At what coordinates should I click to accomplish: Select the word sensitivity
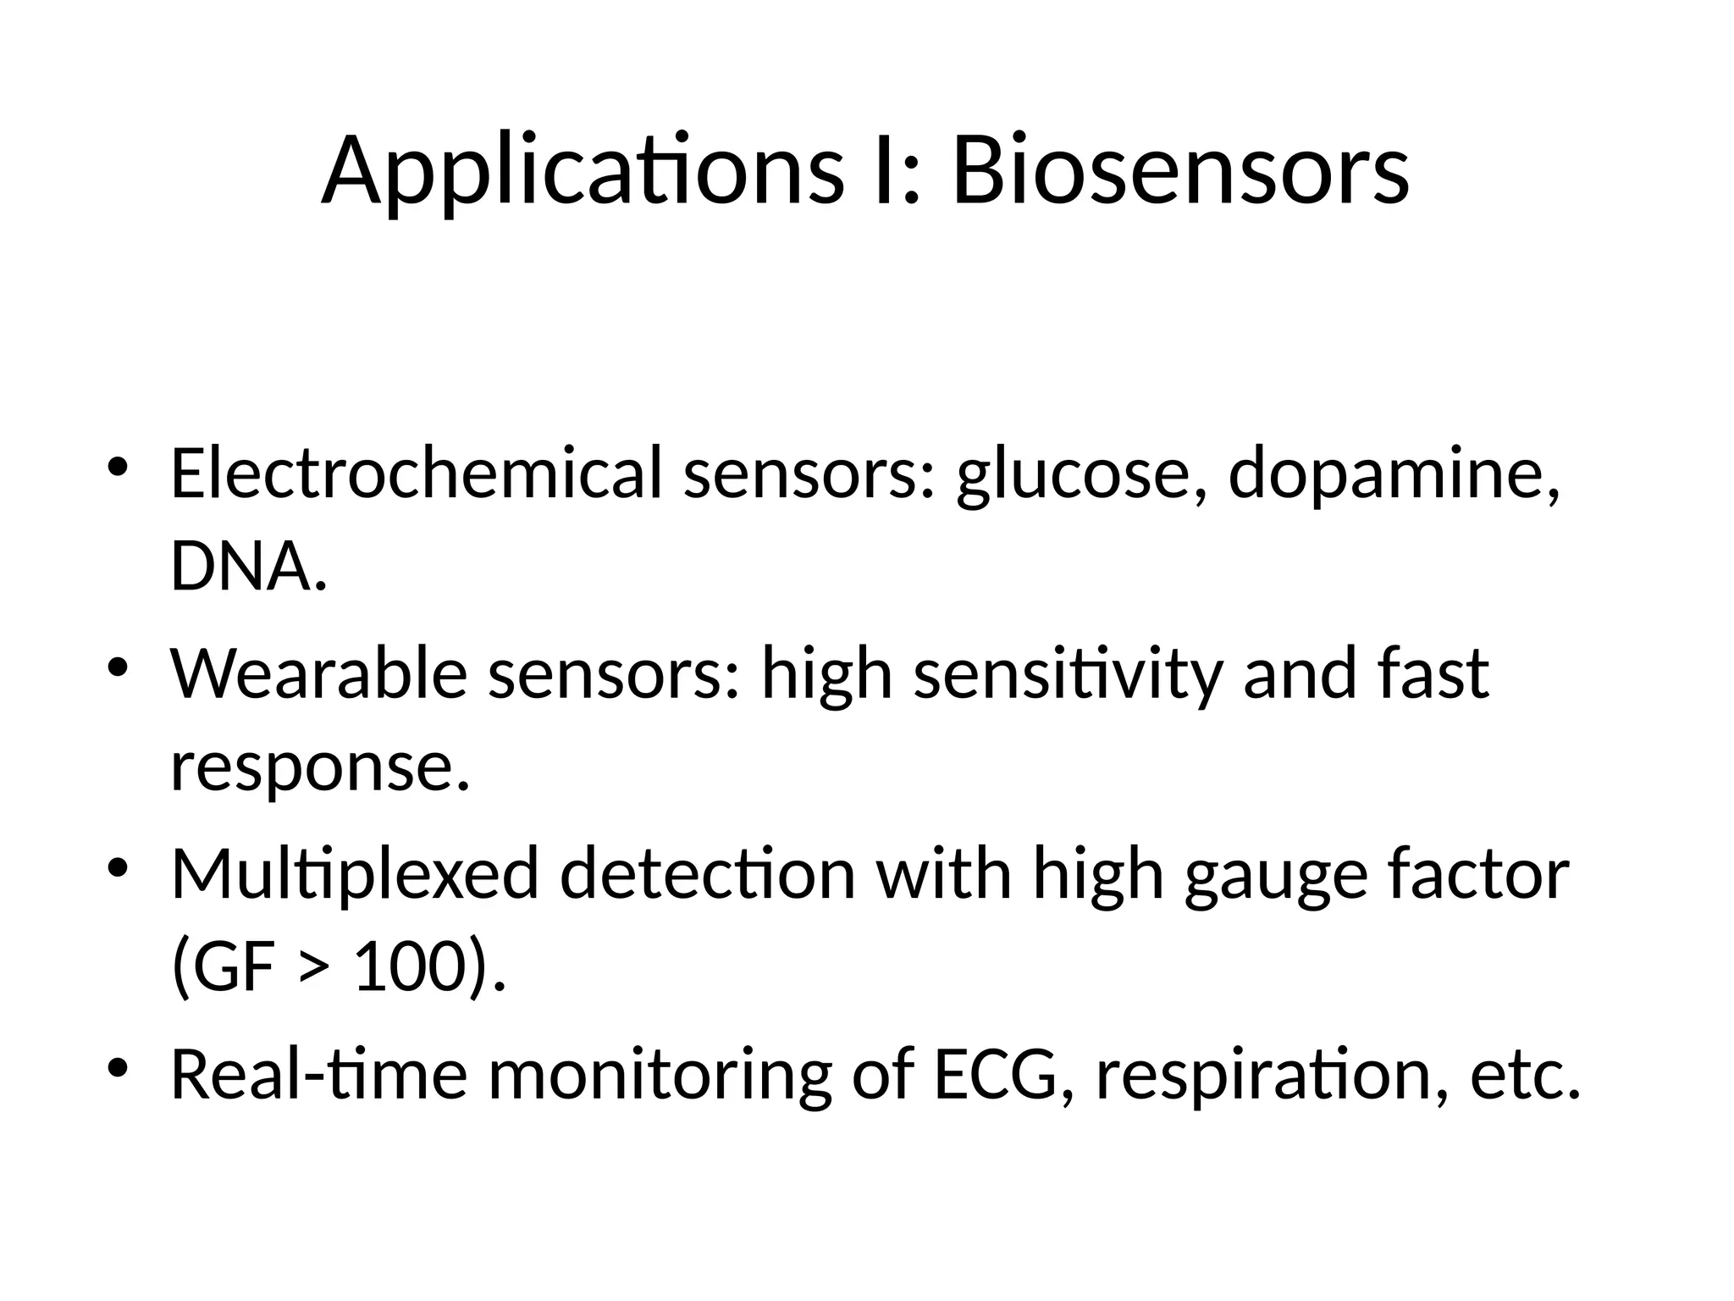tap(1068, 675)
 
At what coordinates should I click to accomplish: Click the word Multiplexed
tap(355, 875)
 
